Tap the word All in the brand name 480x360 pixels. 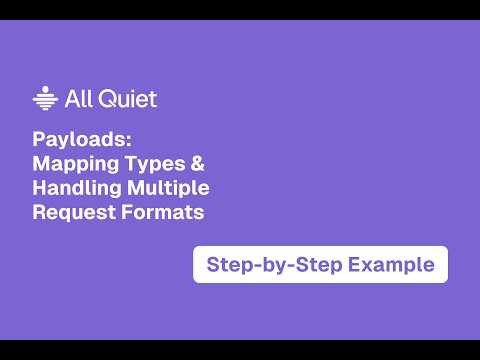[76, 98]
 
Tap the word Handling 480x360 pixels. [73, 187]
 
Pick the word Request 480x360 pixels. [68, 211]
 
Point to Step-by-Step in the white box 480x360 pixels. [264, 265]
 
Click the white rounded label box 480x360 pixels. [320, 265]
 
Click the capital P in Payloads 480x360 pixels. [38, 138]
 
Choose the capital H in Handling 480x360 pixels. [39, 187]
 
